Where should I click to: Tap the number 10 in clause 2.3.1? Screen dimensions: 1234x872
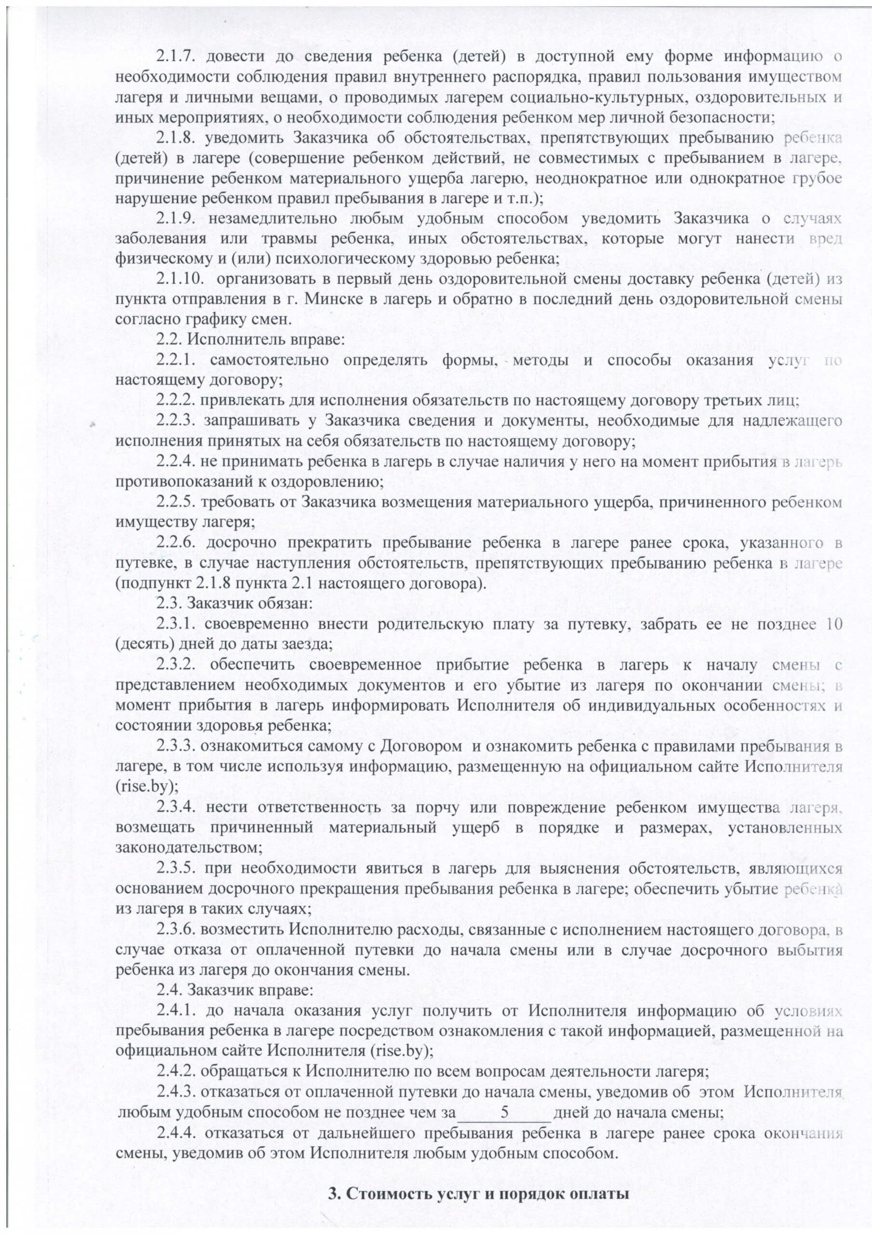click(831, 624)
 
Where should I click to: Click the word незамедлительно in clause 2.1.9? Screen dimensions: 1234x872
click(272, 219)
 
